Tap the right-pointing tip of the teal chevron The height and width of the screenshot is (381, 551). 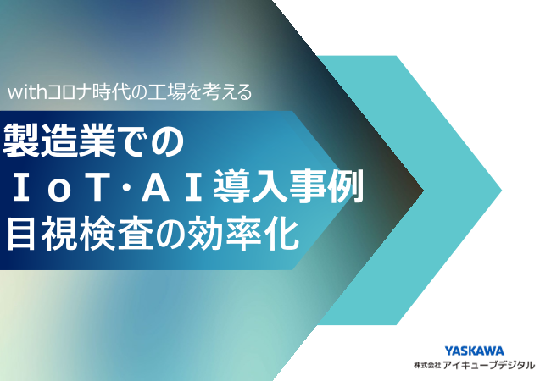500,190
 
